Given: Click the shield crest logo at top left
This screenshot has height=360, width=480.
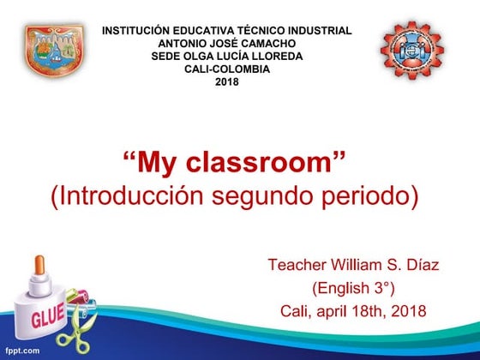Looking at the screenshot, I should click(53, 51).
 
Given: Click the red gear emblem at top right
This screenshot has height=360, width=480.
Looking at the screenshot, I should click(413, 51).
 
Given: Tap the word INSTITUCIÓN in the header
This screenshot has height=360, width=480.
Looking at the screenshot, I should click(141, 31).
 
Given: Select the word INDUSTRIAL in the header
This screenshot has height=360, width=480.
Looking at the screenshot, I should click(316, 31).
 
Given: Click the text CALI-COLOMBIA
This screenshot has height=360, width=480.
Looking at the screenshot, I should click(226, 69).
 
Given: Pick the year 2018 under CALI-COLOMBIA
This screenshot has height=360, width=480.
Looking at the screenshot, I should click(226, 82).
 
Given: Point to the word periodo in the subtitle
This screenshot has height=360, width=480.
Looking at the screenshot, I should click(374, 195).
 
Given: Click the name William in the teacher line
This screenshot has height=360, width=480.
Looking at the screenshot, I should click(356, 265).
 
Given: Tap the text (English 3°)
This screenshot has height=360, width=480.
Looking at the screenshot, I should click(353, 288).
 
